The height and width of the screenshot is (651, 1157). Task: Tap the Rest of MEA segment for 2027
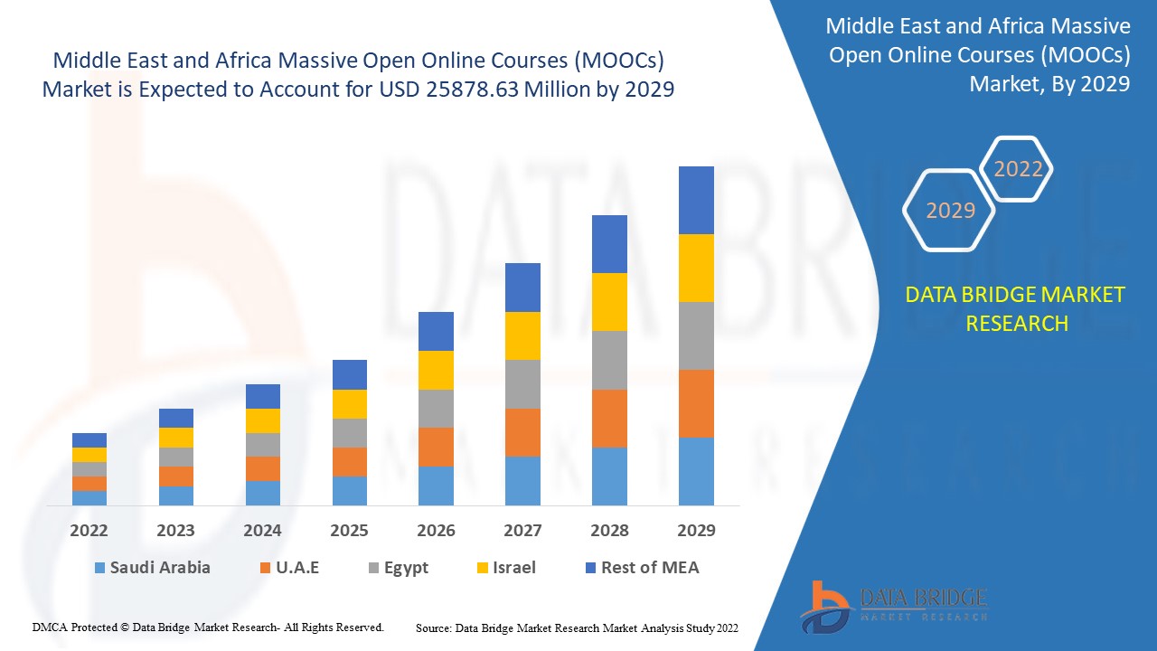(522, 288)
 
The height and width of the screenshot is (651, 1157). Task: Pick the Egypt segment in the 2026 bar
(436, 409)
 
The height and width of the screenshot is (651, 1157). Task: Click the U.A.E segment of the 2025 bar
(350, 462)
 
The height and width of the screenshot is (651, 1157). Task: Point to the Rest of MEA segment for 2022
(89, 440)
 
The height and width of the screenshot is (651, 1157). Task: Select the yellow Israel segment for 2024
(263, 420)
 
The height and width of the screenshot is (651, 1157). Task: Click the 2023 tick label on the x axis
(176, 531)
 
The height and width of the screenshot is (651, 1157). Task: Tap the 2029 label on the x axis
(696, 531)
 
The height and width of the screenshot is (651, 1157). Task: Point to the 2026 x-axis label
(436, 531)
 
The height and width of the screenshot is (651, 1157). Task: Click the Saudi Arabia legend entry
(151, 568)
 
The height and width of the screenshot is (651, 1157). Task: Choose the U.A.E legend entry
(289, 568)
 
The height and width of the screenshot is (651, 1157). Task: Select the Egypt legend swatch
(374, 569)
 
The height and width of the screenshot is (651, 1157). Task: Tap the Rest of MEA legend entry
(642, 568)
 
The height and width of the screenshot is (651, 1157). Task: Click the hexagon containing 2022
(1018, 169)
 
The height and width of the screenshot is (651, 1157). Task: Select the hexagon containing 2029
(950, 211)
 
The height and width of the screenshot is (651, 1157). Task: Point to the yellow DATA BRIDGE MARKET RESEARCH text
(1016, 309)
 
